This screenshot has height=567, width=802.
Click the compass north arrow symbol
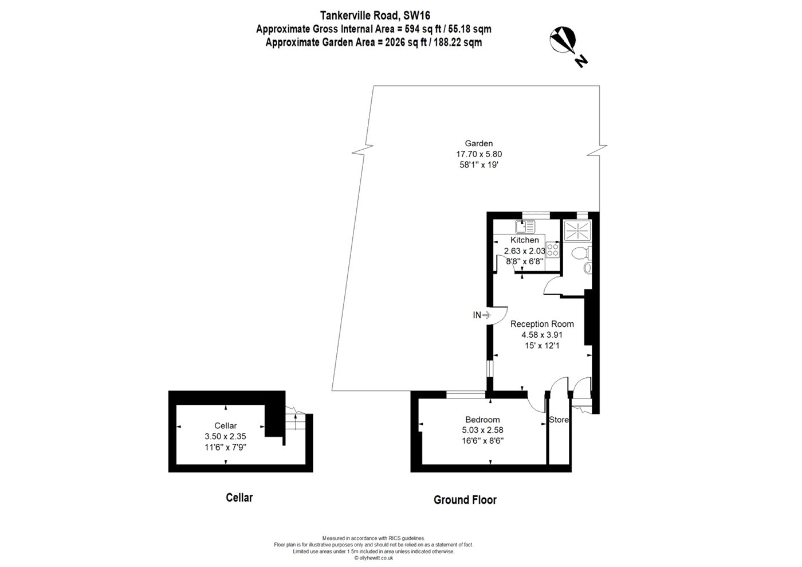pyautogui.click(x=563, y=40)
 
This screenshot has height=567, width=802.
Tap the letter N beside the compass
pyautogui.click(x=581, y=61)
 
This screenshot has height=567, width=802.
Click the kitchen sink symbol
pyautogui.click(x=525, y=227)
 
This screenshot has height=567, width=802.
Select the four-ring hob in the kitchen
pyautogui.click(x=553, y=250)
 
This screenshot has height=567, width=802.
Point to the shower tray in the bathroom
pyautogui.click(x=577, y=230)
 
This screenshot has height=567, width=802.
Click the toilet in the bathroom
pyautogui.click(x=581, y=254)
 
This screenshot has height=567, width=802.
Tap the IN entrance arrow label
pyautogui.click(x=482, y=315)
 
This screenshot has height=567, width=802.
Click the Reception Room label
pyautogui.click(x=542, y=324)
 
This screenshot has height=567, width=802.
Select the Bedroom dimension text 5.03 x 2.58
pyautogui.click(x=482, y=430)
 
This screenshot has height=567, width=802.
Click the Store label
pyautogui.click(x=559, y=420)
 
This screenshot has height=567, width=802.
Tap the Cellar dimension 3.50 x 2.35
pyautogui.click(x=225, y=436)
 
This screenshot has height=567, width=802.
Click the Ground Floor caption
pyautogui.click(x=465, y=500)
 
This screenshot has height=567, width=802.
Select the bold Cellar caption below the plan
pyautogui.click(x=239, y=498)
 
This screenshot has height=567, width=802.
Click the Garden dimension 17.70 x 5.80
pyautogui.click(x=479, y=154)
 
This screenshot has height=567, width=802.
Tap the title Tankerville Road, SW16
pyautogui.click(x=375, y=15)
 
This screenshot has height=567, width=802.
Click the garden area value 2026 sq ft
pyautogui.click(x=406, y=42)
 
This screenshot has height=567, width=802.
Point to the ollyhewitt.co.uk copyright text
pyautogui.click(x=374, y=558)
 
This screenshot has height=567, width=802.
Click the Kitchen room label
pyautogui.click(x=525, y=240)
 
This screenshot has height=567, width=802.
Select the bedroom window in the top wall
pyautogui.click(x=466, y=394)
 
